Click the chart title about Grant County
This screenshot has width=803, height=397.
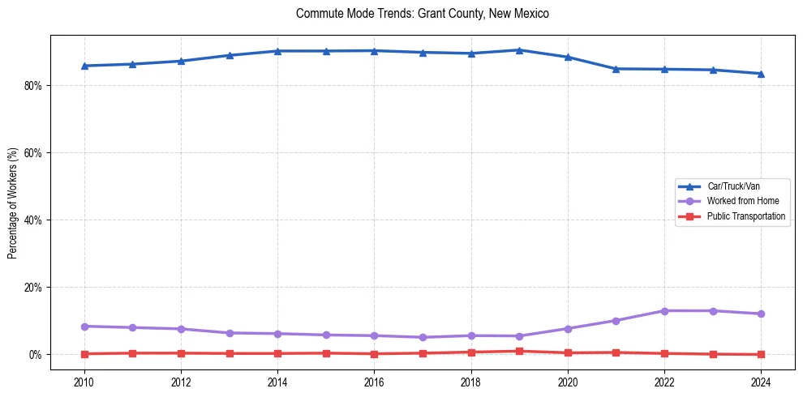[423, 14]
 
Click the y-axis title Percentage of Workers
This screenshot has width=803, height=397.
[13, 203]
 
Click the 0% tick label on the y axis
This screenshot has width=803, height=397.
[34, 355]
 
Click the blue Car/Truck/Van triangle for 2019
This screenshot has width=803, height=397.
[519, 50]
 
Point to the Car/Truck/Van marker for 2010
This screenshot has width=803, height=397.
[84, 66]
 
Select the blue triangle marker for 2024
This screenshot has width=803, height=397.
[761, 74]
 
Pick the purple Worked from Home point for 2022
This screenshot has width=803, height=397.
[664, 311]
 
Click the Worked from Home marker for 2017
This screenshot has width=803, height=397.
[423, 337]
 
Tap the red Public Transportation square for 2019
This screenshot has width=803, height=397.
[519, 352]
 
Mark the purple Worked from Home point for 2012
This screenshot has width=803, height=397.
[181, 329]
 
